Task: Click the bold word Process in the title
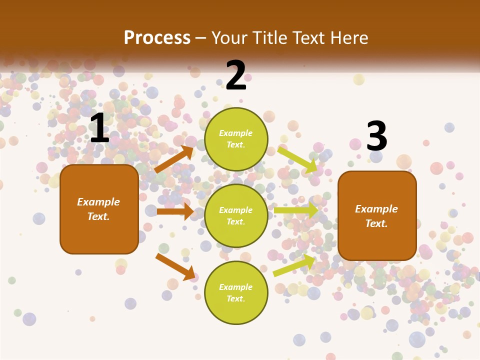coord(157,38)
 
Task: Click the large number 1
coord(99,128)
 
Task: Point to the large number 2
coord(236,75)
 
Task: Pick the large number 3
coord(376,136)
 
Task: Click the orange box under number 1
coord(99,209)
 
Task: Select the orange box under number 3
coord(377,216)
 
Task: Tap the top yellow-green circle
coord(236,139)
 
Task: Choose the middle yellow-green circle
coord(236,215)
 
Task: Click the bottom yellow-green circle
coord(236,292)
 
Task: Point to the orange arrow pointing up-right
coord(174,159)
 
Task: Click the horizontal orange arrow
coord(174,211)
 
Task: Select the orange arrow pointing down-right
coord(175,266)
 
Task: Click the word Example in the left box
coord(98,202)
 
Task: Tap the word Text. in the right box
coord(376,223)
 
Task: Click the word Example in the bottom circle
coord(235,287)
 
